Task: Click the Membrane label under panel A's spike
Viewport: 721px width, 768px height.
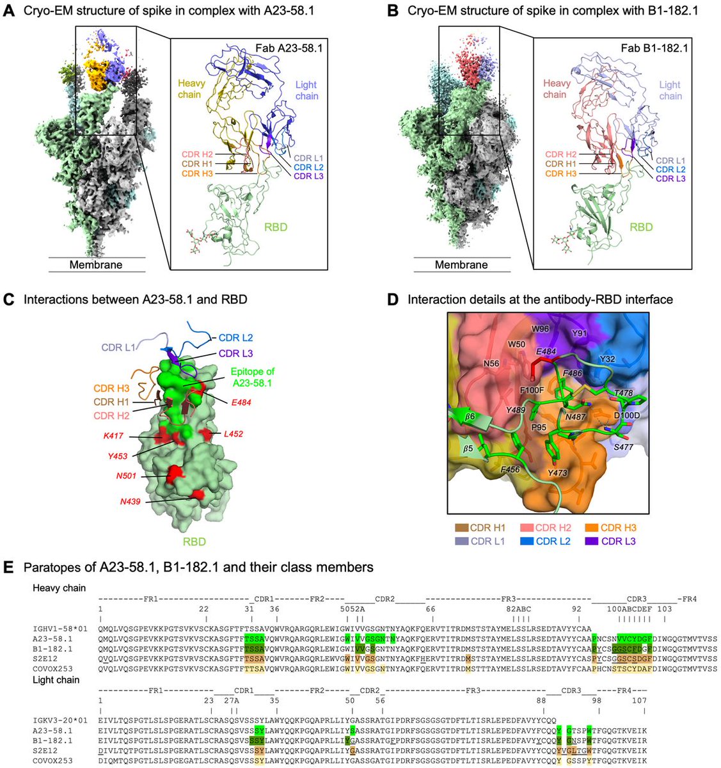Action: (96, 264)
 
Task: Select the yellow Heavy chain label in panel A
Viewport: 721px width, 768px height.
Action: (189, 90)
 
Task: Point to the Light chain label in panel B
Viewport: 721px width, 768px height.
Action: (670, 90)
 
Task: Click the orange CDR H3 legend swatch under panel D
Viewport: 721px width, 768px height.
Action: (591, 528)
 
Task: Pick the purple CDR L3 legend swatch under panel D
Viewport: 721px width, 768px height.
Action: (591, 541)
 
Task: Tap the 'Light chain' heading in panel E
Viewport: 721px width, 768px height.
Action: (56, 680)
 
